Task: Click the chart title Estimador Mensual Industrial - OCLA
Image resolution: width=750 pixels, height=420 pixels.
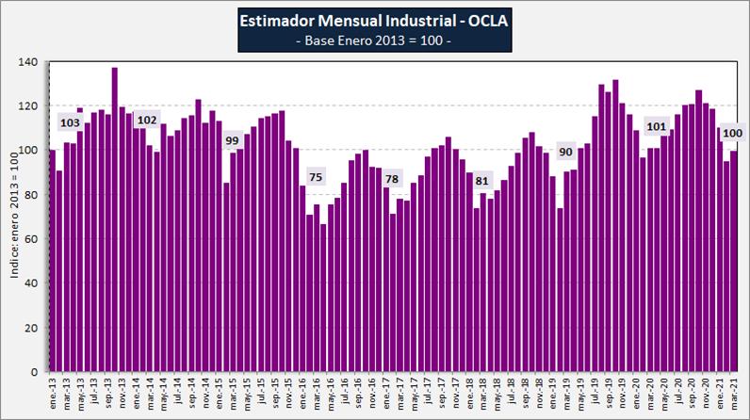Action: [375, 19]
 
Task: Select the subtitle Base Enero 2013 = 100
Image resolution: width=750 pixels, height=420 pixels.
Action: [375, 40]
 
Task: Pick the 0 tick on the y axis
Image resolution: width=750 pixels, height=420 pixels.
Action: [34, 372]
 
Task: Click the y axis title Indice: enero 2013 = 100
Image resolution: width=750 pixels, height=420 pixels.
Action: [12, 218]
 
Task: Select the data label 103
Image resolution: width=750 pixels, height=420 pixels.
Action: [71, 122]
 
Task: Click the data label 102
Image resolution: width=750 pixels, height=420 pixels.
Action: [146, 120]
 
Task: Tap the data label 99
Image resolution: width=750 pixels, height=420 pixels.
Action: [231, 140]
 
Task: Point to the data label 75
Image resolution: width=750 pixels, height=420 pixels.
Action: [316, 177]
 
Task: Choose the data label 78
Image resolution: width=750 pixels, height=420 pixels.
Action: [392, 179]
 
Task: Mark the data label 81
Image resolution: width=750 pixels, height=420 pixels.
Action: [482, 180]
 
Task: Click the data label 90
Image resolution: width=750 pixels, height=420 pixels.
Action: [565, 152]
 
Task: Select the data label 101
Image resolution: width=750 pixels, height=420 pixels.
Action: [657, 126]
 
